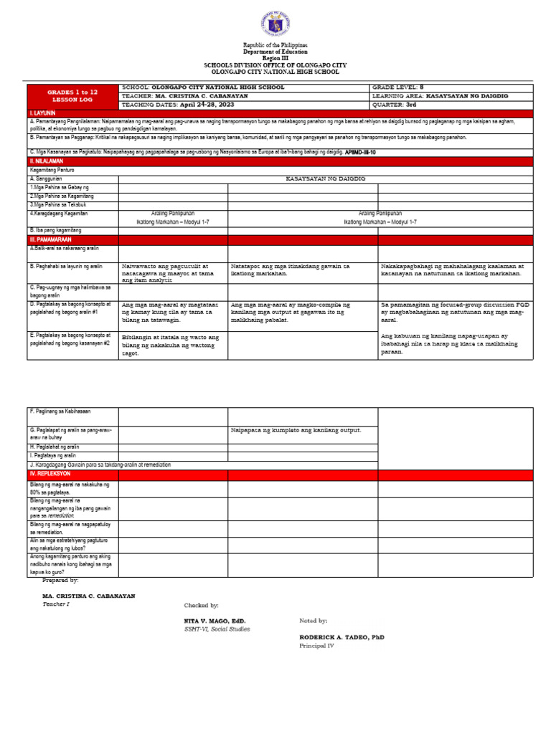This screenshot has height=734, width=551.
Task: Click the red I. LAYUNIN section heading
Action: [x=43, y=113]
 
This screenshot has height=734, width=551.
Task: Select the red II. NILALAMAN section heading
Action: [x=46, y=162]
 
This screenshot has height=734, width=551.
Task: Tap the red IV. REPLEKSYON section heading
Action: [x=50, y=474]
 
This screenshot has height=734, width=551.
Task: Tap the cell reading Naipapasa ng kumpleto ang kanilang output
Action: [x=296, y=430]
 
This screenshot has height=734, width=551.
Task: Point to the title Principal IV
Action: [x=316, y=645]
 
